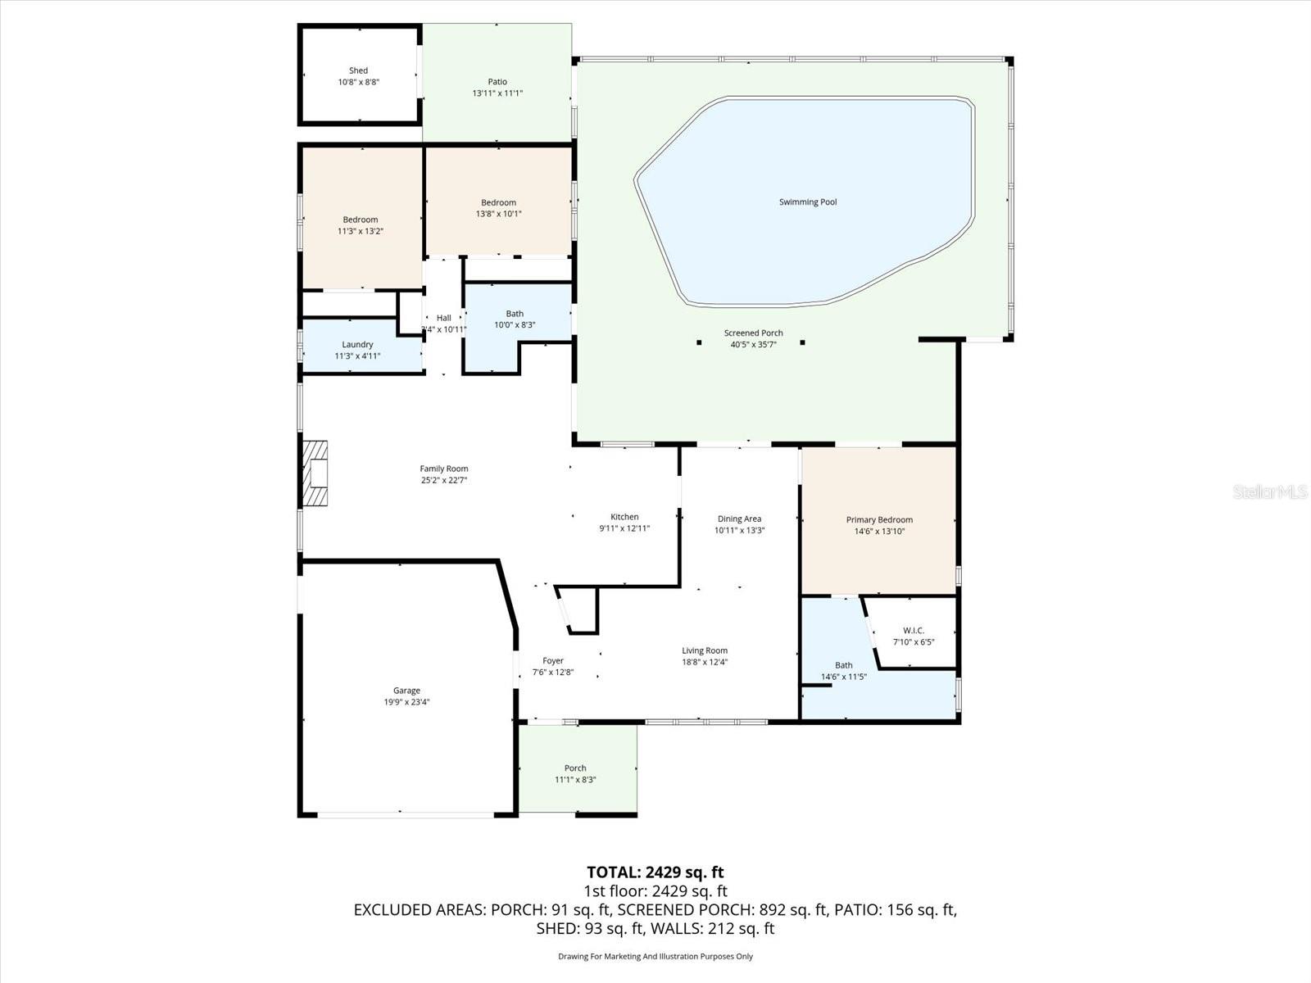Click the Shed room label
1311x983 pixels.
[x=358, y=70]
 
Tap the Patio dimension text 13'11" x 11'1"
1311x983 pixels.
[x=497, y=93]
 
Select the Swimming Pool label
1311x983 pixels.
[x=808, y=202]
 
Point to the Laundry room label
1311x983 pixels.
[x=357, y=345]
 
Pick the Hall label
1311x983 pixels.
[x=443, y=318]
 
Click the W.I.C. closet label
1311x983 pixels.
[x=914, y=631]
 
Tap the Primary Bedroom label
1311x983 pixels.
[x=879, y=520]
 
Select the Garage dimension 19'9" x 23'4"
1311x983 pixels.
[x=406, y=702]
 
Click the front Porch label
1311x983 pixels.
[x=575, y=768]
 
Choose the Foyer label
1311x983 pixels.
[x=553, y=661]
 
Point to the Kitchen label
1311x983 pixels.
[x=624, y=517]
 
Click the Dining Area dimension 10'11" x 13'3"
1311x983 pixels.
[x=739, y=530]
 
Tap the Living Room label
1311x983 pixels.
[x=705, y=651]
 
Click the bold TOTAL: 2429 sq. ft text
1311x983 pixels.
[x=655, y=872]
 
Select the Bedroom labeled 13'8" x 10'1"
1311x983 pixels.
[x=498, y=203]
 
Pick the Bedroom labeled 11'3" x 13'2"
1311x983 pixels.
[x=361, y=220]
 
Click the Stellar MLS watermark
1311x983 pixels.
[x=1270, y=492]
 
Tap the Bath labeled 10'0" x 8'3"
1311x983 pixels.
[x=515, y=314]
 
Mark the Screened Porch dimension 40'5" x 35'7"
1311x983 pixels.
[x=753, y=345]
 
